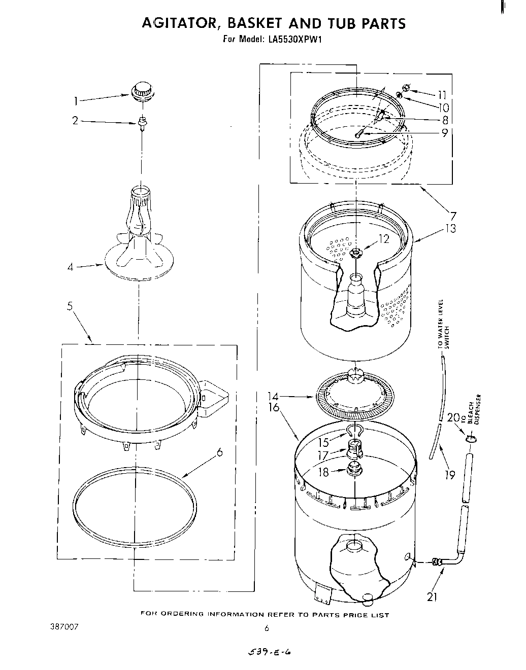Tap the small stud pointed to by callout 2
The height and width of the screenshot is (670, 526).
pyautogui.click(x=142, y=122)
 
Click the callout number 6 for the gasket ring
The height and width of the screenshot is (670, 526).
pyautogui.click(x=219, y=452)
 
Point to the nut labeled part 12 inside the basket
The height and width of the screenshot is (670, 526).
pyautogui.click(x=356, y=252)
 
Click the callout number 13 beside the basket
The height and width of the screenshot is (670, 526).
pyautogui.click(x=450, y=228)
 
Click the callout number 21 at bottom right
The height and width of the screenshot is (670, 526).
pyautogui.click(x=432, y=597)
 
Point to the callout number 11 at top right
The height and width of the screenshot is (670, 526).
pyautogui.click(x=442, y=94)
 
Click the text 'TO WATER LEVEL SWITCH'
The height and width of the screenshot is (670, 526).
pyautogui.click(x=444, y=324)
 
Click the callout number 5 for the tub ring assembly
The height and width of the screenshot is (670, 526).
pyautogui.click(x=70, y=306)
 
